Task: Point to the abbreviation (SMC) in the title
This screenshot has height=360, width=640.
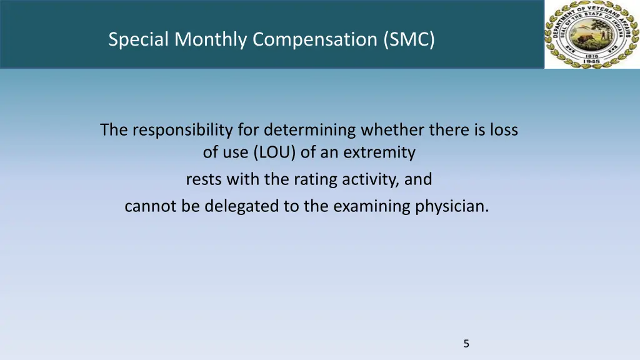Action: pyautogui.click(x=409, y=40)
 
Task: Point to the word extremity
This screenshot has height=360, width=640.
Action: pyautogui.click(x=381, y=152)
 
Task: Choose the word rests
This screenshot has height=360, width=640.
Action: pyautogui.click(x=204, y=180)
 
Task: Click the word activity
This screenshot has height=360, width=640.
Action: pyautogui.click(x=370, y=180)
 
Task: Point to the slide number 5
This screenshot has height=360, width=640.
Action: pyautogui.click(x=466, y=343)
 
